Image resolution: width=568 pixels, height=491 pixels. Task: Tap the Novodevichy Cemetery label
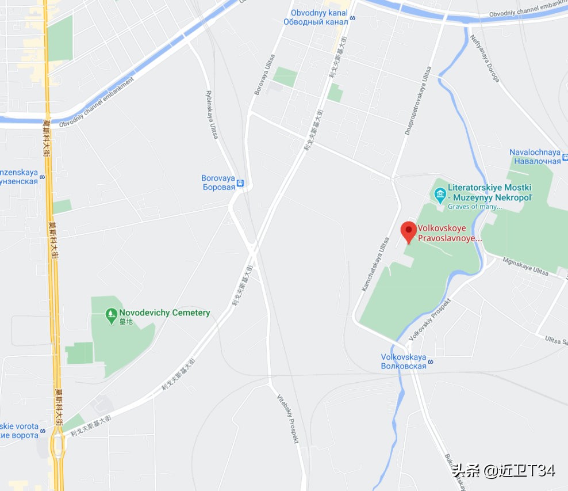click(164, 313)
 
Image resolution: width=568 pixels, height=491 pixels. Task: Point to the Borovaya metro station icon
click(241, 184)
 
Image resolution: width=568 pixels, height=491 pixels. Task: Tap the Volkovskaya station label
click(404, 361)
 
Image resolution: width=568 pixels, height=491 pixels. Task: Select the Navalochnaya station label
click(535, 157)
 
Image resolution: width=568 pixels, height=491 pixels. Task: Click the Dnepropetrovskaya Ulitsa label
click(417, 101)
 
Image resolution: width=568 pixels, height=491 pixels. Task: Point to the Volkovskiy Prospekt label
click(430, 318)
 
